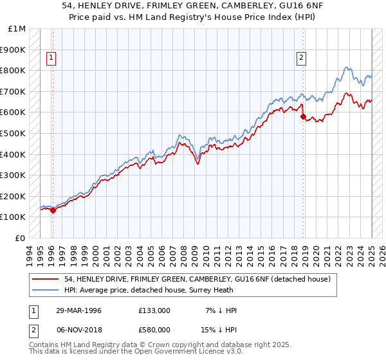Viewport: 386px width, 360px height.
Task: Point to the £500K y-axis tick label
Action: coord(14,133)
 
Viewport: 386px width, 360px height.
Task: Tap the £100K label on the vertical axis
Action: coord(14,217)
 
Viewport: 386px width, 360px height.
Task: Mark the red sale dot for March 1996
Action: coord(53,210)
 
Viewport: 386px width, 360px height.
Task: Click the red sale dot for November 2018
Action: coord(303,116)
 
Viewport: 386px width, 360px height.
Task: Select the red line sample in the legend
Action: coord(46,278)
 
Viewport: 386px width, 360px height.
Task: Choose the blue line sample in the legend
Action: coord(46,290)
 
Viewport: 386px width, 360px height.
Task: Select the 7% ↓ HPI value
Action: coord(221,310)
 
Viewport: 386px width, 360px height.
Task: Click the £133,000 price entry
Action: coord(154,310)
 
